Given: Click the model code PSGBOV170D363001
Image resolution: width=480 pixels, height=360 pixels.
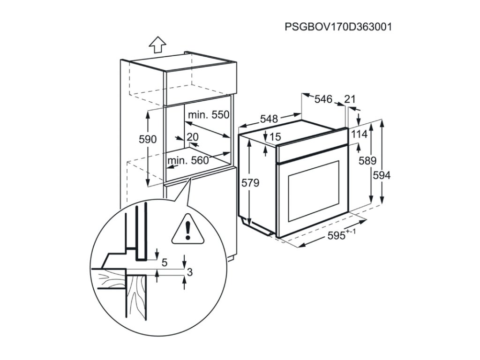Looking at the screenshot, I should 338,27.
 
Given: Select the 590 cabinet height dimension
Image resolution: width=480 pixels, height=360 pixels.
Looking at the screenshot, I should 148,140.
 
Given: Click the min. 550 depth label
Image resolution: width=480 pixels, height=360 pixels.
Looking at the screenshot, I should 208,115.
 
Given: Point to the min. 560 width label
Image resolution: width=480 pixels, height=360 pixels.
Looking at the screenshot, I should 188,161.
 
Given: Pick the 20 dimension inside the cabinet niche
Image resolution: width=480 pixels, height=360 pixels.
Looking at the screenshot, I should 193,137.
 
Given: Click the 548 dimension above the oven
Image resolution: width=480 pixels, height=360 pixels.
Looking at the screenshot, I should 269,119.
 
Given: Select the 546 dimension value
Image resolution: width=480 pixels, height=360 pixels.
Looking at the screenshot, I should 323,99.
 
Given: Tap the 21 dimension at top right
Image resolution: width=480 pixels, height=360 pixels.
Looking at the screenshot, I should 350,99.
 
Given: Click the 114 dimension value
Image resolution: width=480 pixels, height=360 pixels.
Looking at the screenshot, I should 359,135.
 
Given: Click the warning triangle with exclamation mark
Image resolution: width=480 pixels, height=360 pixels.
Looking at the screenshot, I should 187,230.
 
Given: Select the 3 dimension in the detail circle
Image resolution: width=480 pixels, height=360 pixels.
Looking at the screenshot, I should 189,272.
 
